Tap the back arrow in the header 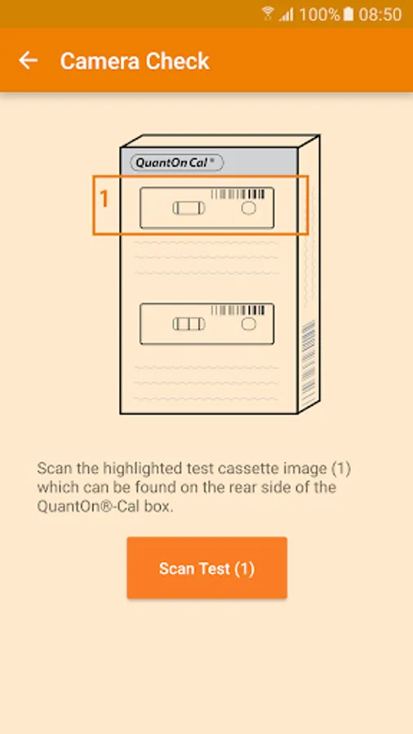point(28,60)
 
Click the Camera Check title point(135,61)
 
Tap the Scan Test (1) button point(207,568)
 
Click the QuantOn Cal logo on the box point(176,162)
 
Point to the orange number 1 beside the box point(104,200)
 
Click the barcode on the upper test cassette point(238,194)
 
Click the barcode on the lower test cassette point(238,310)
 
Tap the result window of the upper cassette point(189,208)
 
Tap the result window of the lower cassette point(189,324)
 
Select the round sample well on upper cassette point(249,208)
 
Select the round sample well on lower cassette point(249,324)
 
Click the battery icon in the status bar point(348,14)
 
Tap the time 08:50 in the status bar point(380,14)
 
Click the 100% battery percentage point(319,14)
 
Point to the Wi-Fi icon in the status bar point(268,13)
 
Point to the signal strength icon point(286,15)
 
